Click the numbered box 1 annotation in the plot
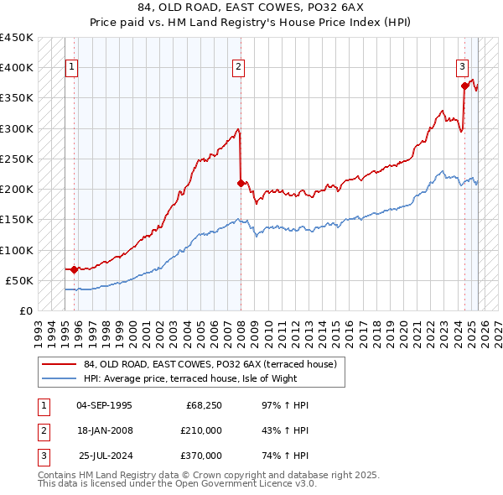(71, 68)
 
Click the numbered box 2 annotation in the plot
(239, 68)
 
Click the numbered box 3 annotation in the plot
(462, 68)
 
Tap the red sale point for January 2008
(241, 182)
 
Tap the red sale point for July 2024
(464, 85)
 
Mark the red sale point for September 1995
(75, 269)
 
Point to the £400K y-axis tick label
(17, 68)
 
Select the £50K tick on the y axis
(20, 280)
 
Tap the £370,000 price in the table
(201, 456)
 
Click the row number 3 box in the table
(42, 456)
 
